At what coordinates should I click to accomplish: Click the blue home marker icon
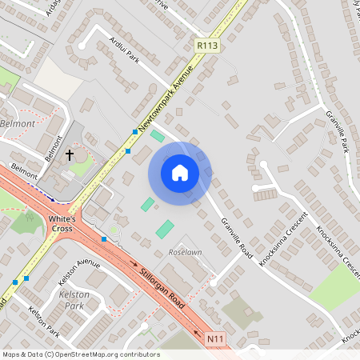tap(180, 173)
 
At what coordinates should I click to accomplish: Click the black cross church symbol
tap(70, 154)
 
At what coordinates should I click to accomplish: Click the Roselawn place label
tap(186, 252)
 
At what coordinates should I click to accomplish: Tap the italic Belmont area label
tap(18, 124)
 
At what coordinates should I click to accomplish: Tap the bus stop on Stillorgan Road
tap(104, 238)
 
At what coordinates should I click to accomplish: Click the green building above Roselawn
tap(164, 229)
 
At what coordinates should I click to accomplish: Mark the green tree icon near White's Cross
tap(30, 215)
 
